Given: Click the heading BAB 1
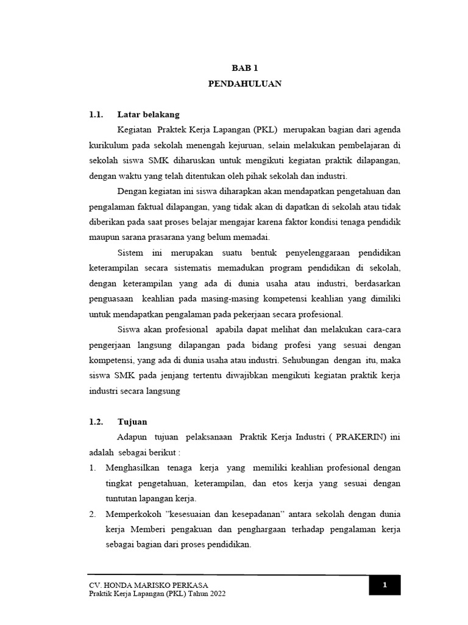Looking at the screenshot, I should [x=244, y=70].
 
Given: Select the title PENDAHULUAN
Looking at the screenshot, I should [x=244, y=85].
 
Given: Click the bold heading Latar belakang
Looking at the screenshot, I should [x=148, y=114].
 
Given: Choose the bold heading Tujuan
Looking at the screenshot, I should [x=132, y=422].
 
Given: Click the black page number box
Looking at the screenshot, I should [x=385, y=585].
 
